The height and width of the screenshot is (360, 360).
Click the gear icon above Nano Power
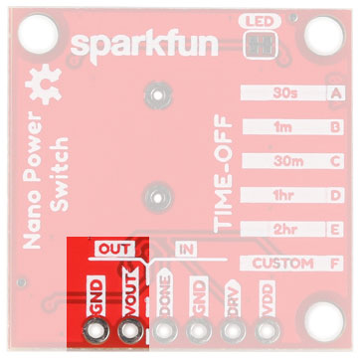[x=42, y=86]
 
